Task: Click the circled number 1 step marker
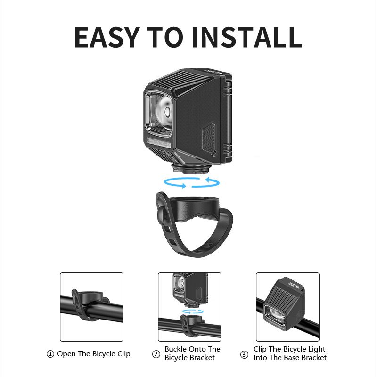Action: coord(50,354)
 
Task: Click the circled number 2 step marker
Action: coord(156,354)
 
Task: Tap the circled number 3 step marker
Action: coord(244,354)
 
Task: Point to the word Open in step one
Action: coord(66,354)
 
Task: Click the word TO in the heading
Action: coord(163,37)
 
